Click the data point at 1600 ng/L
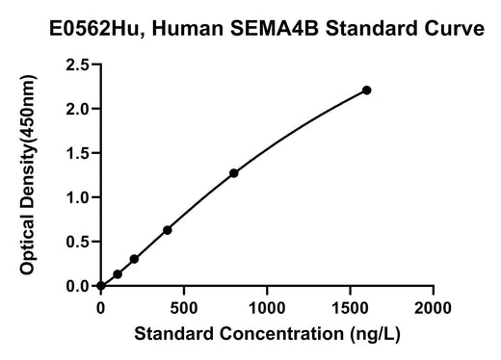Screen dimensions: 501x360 pos(366,90)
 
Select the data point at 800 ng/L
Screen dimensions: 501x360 pos(234,173)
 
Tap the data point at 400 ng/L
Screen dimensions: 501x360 pos(168,230)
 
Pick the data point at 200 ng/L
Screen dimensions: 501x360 pos(134,259)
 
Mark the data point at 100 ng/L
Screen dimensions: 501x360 pos(118,274)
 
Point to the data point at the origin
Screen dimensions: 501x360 pos(101,286)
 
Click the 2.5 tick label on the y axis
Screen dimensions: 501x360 pos(77,65)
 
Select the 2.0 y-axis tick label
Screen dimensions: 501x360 pos(77,110)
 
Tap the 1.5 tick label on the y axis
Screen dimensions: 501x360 pos(77,153)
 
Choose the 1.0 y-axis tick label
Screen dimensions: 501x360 pos(77,197)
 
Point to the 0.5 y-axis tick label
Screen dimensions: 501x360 pos(77,242)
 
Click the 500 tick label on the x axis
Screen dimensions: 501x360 pos(184,308)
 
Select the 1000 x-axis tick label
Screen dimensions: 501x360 pos(267,308)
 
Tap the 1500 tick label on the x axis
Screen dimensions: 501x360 pos(350,308)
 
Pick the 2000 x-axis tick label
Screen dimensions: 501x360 pos(433,308)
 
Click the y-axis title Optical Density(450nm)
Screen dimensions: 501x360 pos(27,174)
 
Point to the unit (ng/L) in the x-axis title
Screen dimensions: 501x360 pos(375,334)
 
